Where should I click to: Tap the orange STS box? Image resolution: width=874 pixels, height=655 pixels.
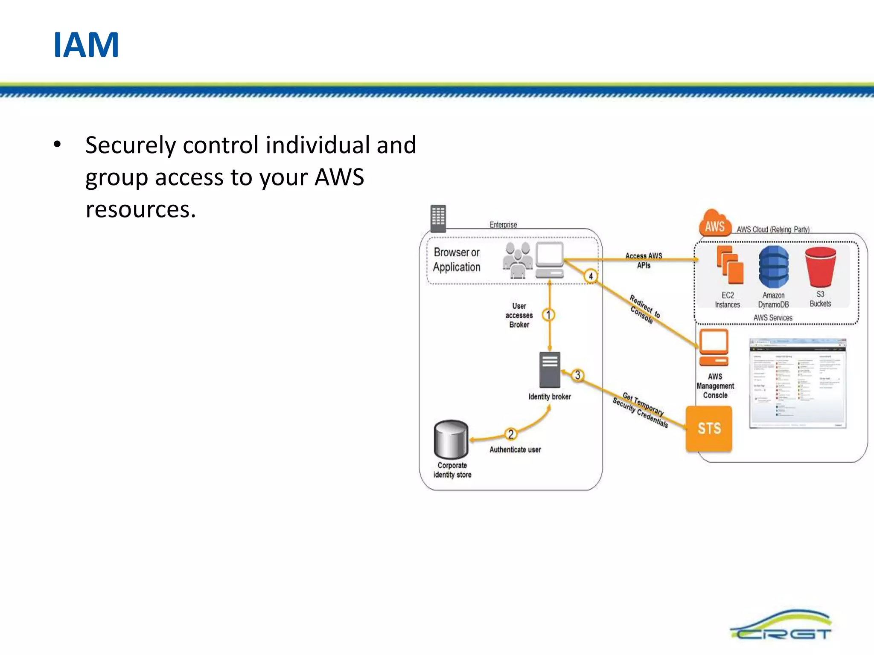709,428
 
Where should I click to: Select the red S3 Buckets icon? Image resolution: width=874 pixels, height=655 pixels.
820,267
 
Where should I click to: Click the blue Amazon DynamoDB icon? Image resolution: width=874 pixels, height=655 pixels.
773,267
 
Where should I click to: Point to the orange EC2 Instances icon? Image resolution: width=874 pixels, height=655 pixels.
730,265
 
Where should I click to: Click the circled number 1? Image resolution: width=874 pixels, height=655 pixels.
548,315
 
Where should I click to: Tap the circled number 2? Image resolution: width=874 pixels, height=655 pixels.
511,434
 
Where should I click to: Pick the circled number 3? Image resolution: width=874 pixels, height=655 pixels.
577,375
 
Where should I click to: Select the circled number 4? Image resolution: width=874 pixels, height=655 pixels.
591,276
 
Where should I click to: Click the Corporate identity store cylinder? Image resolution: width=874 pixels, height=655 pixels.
451,439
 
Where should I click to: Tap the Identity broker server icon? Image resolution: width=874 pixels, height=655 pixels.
550,369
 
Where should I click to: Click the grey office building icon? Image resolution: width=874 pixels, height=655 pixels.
438,218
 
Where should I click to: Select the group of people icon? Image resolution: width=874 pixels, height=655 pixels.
517,260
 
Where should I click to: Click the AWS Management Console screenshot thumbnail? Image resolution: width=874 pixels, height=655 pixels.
798,383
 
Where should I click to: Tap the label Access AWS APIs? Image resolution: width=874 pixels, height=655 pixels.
644,260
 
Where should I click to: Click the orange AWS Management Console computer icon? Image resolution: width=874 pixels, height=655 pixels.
714,348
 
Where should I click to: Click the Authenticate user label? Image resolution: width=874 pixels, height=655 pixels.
515,449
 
